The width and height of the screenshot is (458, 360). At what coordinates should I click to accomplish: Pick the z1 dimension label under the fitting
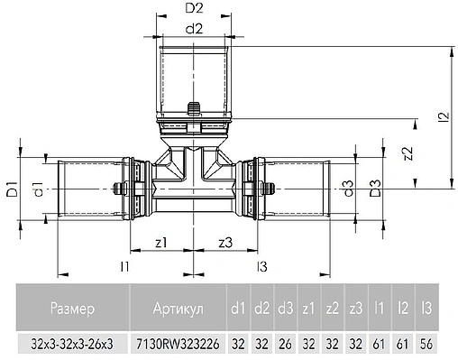(x=162, y=241)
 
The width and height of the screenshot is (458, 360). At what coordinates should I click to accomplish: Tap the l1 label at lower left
(x=126, y=266)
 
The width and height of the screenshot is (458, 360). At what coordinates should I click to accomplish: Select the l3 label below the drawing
(x=261, y=266)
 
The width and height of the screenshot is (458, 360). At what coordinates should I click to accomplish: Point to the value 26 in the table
(x=284, y=345)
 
